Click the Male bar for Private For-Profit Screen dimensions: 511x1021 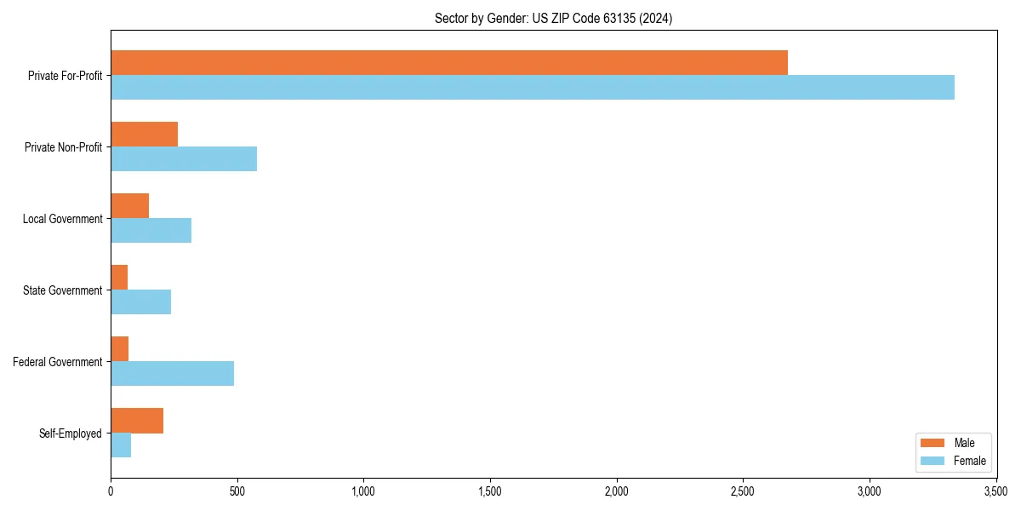[x=449, y=63]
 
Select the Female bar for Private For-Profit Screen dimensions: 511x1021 [x=533, y=88]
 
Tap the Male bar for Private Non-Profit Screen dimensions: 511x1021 [x=145, y=135]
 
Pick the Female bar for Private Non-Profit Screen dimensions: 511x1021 [x=184, y=159]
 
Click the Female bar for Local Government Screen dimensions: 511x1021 [x=151, y=231]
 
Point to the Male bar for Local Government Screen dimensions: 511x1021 [x=130, y=206]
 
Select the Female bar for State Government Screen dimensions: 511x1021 [x=141, y=302]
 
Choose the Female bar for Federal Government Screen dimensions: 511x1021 [x=173, y=374]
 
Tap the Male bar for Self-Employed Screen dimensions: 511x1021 [x=137, y=421]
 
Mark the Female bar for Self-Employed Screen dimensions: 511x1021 [x=121, y=445]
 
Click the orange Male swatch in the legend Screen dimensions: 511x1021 [x=933, y=443]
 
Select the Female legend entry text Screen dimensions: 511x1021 [x=970, y=461]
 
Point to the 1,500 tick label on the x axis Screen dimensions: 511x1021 [x=490, y=491]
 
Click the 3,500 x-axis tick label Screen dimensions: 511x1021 [x=995, y=491]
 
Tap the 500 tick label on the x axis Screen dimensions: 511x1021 [x=237, y=491]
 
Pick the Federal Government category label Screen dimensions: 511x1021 [x=58, y=362]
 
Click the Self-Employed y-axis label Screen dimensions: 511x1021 [x=71, y=433]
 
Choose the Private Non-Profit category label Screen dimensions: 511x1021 [x=63, y=147]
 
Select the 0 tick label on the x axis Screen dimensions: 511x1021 [x=111, y=491]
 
